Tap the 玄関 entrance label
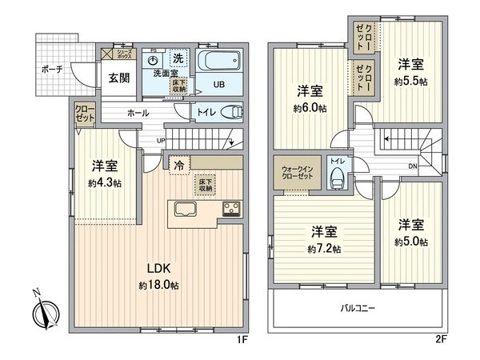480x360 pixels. [109, 77]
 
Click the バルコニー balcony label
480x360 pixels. [357, 307]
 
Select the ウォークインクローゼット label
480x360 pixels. [298, 174]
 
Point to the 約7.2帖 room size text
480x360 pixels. [326, 249]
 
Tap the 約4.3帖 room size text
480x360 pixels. [105, 183]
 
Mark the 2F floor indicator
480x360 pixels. [440, 338]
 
